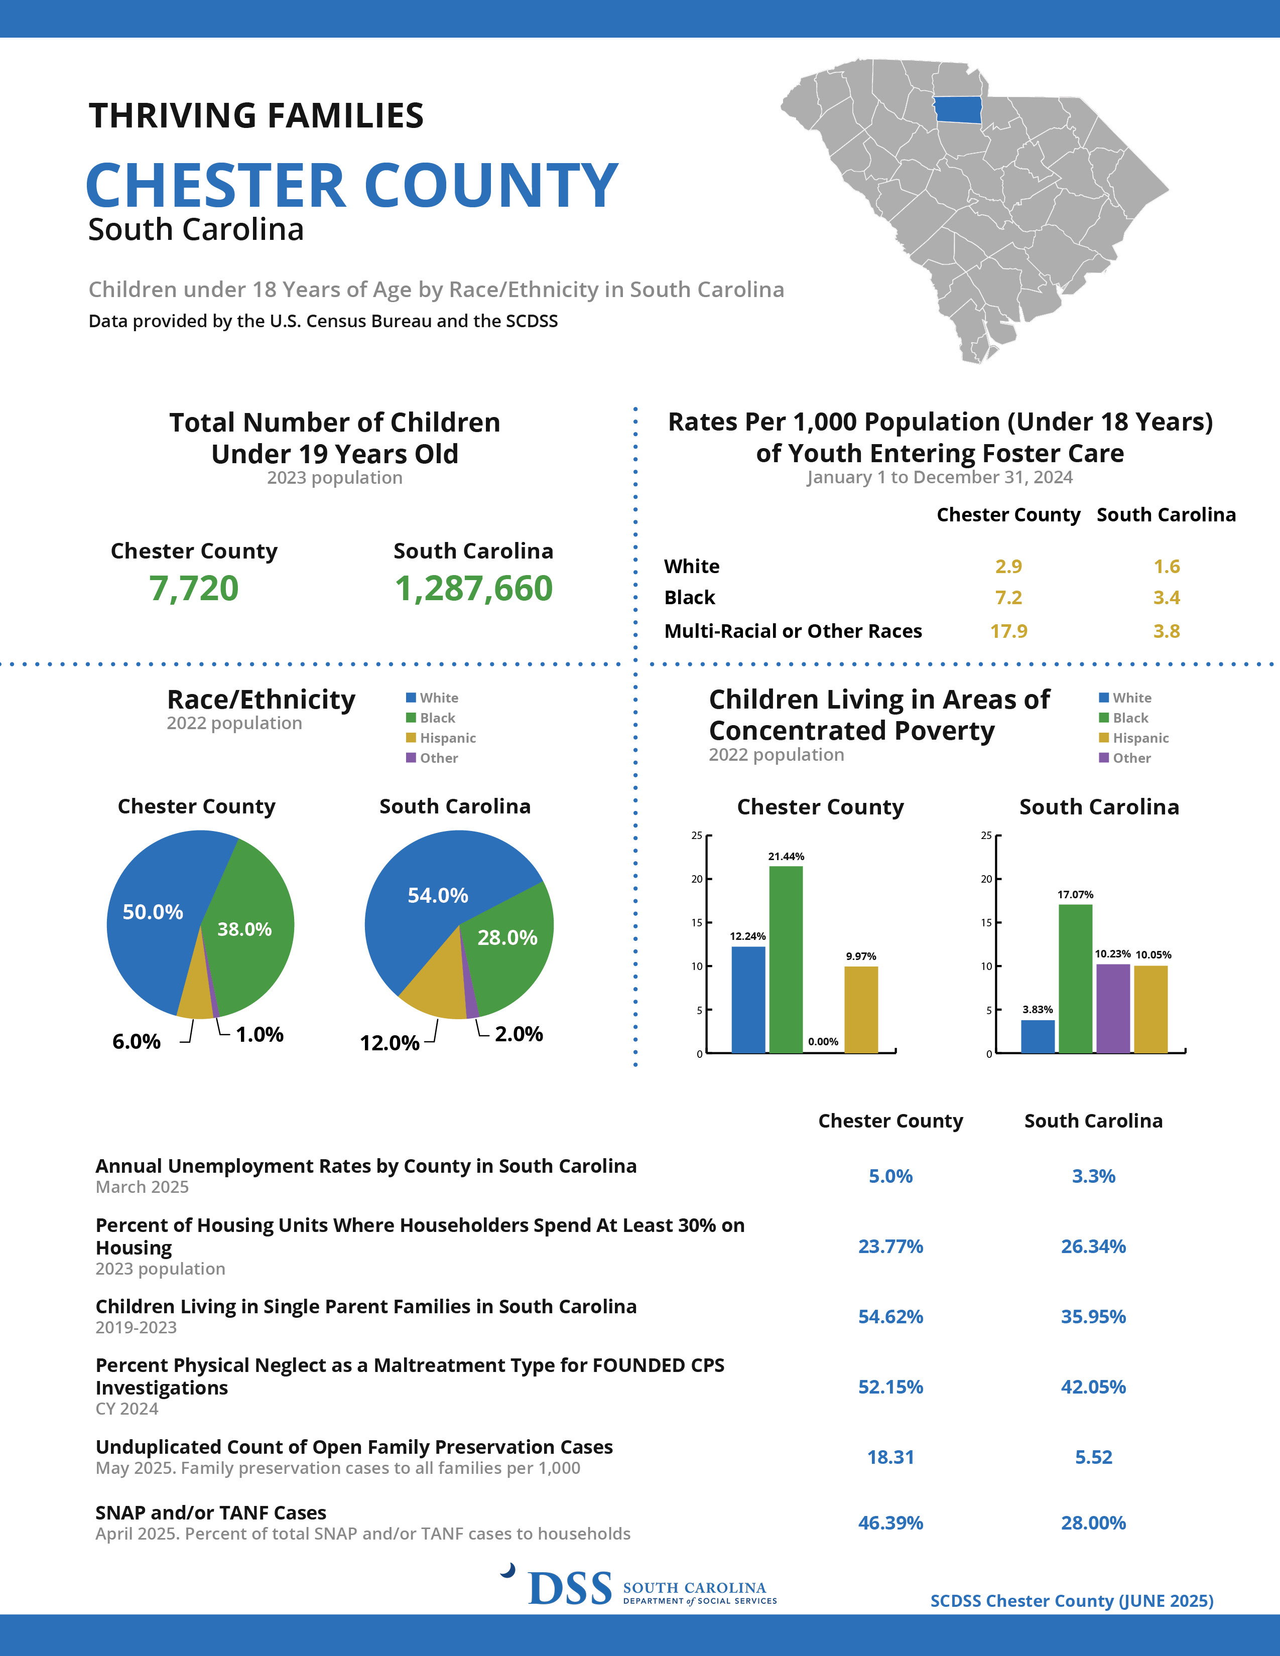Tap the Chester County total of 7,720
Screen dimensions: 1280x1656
click(x=194, y=589)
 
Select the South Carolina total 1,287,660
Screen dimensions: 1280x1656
click(x=474, y=589)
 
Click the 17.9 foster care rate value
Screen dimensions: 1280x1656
click(x=1008, y=631)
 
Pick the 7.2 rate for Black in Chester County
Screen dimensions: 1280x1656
click(x=1008, y=598)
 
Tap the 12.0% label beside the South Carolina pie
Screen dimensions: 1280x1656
click(x=389, y=1043)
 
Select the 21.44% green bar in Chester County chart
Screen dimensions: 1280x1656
click(x=786, y=959)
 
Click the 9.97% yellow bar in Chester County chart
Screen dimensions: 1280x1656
click(x=861, y=1009)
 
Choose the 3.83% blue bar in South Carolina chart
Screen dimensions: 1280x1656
click(x=1038, y=1037)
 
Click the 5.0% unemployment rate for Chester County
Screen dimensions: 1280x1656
click(x=890, y=1176)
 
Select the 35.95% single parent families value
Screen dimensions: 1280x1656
click(x=1093, y=1316)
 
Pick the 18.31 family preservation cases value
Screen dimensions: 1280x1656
click(x=890, y=1457)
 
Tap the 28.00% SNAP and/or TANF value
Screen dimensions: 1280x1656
click(x=1093, y=1523)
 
